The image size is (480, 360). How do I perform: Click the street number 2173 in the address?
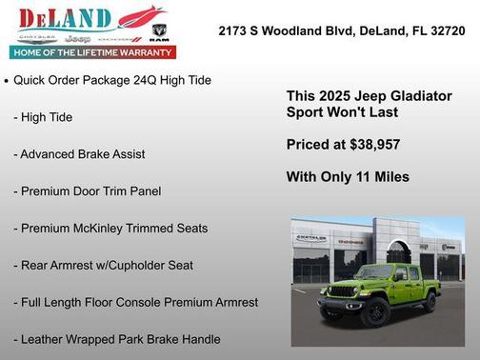click(235, 30)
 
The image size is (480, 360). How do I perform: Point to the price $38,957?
click(370, 145)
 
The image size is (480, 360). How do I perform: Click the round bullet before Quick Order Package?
click(7, 81)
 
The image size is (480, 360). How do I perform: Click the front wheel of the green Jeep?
click(377, 313)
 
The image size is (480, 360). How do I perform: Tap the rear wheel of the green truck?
click(430, 302)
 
